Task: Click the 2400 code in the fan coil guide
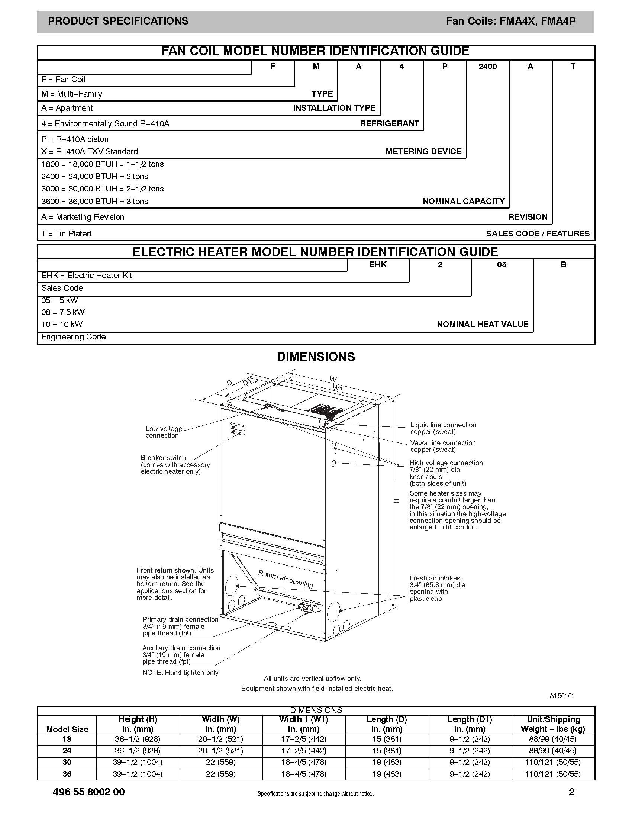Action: point(487,67)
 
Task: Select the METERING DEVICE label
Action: point(423,151)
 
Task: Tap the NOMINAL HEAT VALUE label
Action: point(482,324)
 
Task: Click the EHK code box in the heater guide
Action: point(378,265)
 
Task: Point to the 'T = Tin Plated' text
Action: point(66,234)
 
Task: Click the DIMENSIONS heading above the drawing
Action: point(316,357)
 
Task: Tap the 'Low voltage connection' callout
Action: point(164,432)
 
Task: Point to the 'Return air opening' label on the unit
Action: point(286,579)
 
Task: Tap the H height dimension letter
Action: point(396,501)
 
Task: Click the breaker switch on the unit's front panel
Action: point(236,429)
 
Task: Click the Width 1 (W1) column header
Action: point(304,724)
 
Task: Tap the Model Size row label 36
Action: point(67,774)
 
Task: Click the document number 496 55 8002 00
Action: point(89,792)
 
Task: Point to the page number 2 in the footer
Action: point(571,792)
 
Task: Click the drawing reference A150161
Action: point(562,696)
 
